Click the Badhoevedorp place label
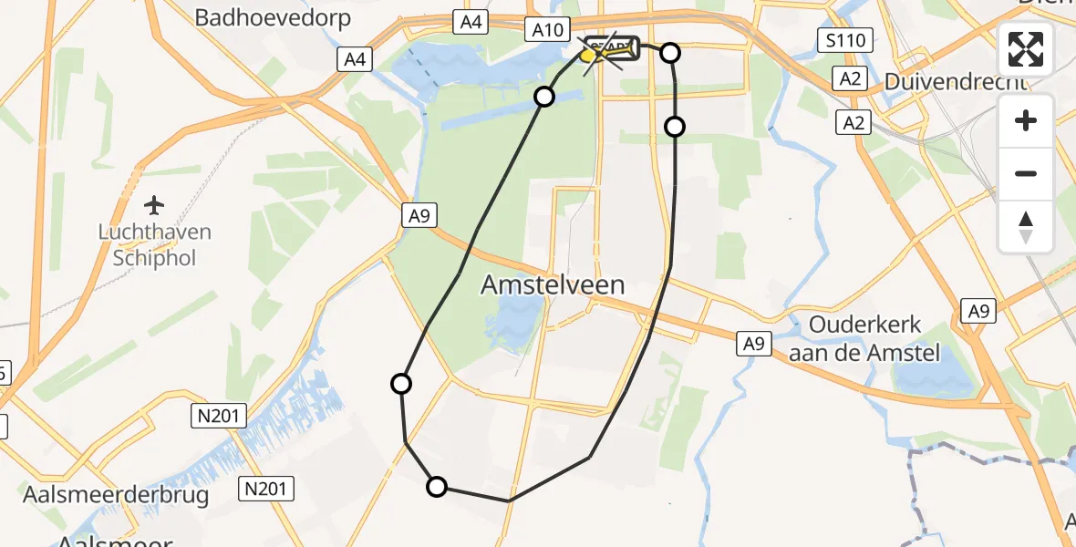coord(274,18)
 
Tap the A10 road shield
coord(547,29)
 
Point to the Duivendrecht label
coord(956,82)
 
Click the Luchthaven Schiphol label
coord(155,244)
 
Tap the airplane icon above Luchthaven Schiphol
coord(155,203)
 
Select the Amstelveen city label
coord(553,284)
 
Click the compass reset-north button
coord(1026,226)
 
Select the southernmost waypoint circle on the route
coord(437,487)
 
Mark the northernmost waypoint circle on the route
coord(670,53)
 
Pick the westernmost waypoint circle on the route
coord(400,384)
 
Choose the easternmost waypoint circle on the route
coord(675,127)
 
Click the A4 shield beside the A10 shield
coord(471,22)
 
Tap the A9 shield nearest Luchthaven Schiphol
coord(419,215)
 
